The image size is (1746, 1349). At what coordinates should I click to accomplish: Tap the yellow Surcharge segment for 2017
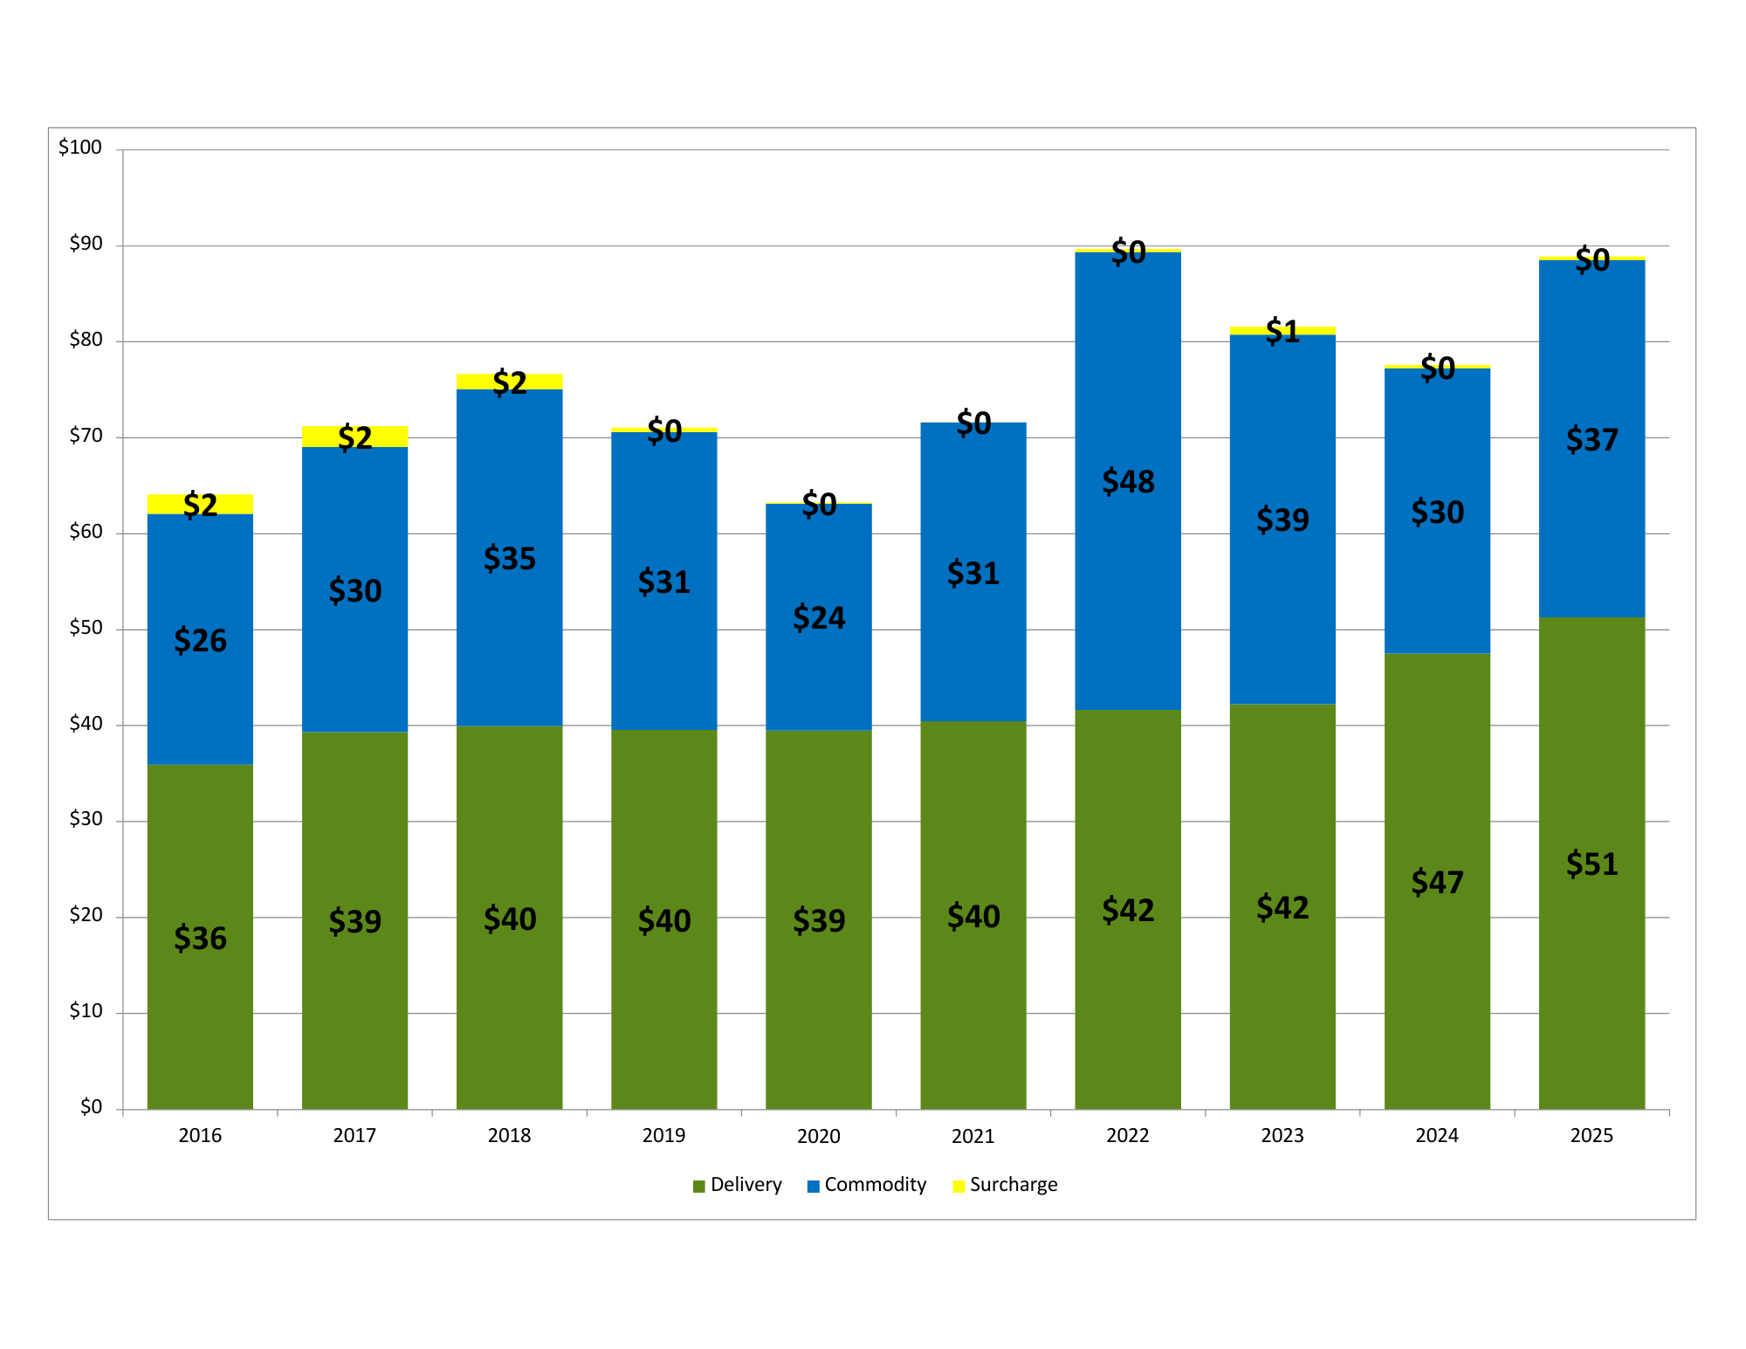tap(384, 436)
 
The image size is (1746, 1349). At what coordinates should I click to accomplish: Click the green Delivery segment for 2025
tap(1591, 960)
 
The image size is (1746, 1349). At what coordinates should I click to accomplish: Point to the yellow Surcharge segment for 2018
tap(541, 382)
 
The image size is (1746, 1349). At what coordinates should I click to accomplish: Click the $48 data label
tap(1128, 481)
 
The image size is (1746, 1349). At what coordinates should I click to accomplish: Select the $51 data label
tap(1591, 864)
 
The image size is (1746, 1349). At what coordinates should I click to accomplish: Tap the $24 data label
tap(818, 617)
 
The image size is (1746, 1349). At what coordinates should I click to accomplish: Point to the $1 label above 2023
tap(1282, 331)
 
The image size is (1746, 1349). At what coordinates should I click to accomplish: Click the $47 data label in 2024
tap(1437, 882)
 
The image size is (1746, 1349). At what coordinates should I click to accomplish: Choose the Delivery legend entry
tap(737, 1185)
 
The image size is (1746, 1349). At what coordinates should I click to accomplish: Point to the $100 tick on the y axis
tap(80, 148)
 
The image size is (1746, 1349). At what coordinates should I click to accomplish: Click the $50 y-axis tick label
tap(86, 628)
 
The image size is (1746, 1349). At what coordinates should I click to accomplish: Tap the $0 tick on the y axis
tap(91, 1107)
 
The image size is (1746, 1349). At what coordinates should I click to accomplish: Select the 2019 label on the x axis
tap(663, 1135)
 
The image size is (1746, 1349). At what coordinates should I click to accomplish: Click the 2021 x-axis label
tap(973, 1135)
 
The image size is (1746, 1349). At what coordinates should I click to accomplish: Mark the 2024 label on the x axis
tap(1436, 1135)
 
